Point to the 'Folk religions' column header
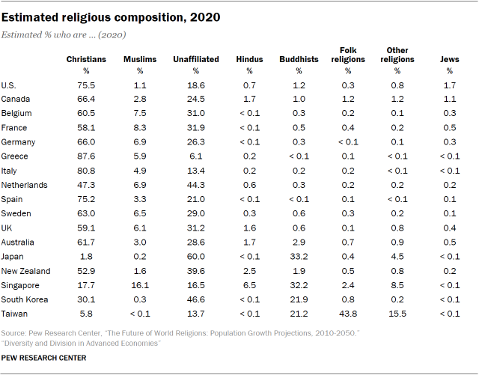(x=347, y=55)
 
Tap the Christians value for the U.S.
(x=86, y=85)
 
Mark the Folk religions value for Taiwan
(x=347, y=314)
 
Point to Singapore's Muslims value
(x=139, y=285)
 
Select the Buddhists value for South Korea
(x=298, y=299)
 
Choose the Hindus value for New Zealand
(x=249, y=271)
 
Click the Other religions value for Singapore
(x=397, y=285)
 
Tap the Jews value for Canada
(x=449, y=100)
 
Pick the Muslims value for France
(x=139, y=128)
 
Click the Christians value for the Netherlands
(x=86, y=185)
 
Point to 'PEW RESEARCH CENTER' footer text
(x=44, y=358)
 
